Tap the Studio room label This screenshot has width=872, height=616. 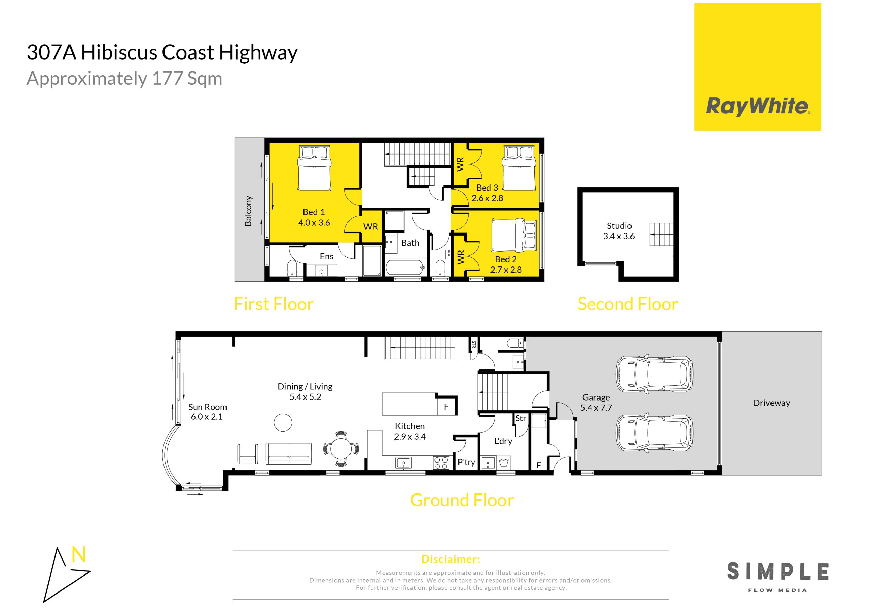click(x=619, y=226)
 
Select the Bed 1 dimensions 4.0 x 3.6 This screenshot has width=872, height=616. click(x=314, y=223)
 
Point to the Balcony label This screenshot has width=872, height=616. click(x=248, y=211)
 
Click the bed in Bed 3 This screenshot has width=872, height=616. click(x=519, y=168)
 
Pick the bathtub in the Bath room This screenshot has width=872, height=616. click(x=405, y=268)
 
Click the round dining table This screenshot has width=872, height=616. click(x=341, y=449)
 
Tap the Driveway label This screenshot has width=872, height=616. click(x=772, y=403)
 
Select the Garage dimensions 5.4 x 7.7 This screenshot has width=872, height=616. click(x=596, y=408)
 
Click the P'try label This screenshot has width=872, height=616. click(x=466, y=462)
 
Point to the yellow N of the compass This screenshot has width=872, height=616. click(x=79, y=554)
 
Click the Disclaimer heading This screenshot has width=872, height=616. click(x=451, y=559)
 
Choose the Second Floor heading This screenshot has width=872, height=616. click(x=628, y=304)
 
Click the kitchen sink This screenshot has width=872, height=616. click(x=403, y=463)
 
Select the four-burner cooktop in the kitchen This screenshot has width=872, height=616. click(x=441, y=463)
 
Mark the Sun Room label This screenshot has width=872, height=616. click(x=207, y=407)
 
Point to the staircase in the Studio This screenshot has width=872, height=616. click(x=661, y=234)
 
